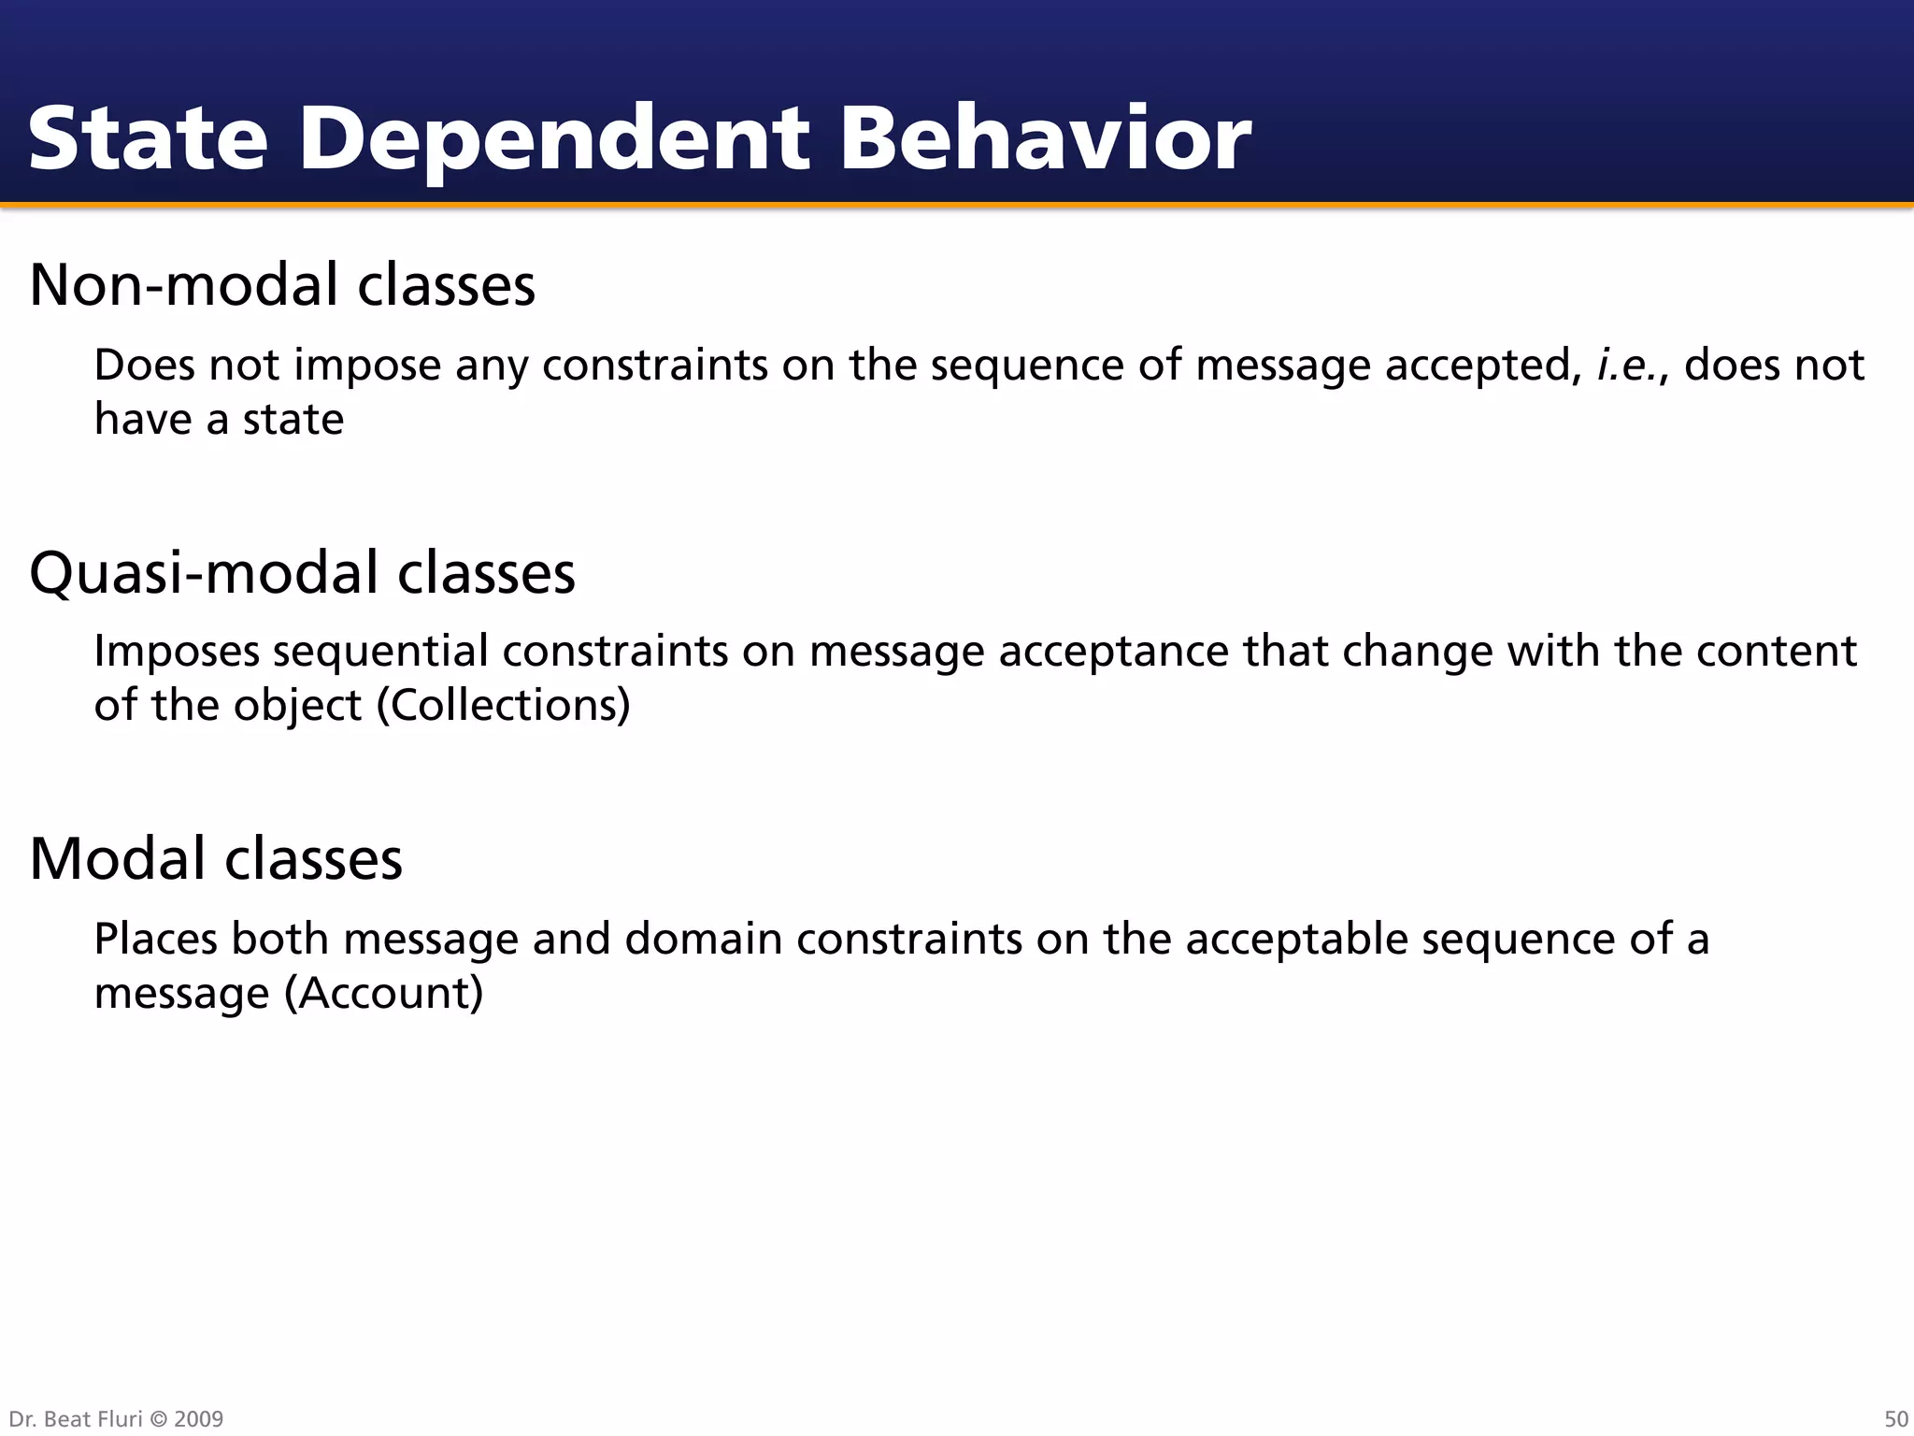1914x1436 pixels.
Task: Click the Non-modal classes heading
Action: [282, 284]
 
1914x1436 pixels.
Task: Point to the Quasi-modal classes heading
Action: [302, 572]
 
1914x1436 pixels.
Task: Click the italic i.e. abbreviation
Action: [1632, 365]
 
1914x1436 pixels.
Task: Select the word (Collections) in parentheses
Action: [503, 705]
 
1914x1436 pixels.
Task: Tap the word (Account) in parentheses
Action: [383, 993]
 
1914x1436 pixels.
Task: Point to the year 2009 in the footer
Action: [198, 1419]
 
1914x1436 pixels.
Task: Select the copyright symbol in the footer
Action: [158, 1419]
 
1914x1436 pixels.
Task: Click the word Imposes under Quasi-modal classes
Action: [177, 652]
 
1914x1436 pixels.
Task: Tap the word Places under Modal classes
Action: [155, 939]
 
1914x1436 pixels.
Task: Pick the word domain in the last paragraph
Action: [703, 939]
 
